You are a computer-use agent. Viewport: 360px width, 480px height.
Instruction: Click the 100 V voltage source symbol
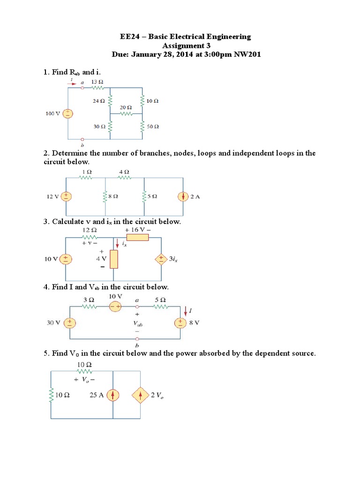pyautogui.click(x=68, y=113)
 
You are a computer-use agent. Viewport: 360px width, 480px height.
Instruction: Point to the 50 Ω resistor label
pyautogui.click(x=153, y=127)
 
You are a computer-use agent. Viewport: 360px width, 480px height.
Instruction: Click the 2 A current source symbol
pyautogui.click(x=183, y=196)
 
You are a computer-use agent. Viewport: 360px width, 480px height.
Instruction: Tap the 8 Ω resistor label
pyautogui.click(x=113, y=196)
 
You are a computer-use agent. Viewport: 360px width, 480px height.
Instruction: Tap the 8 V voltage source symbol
pyautogui.click(x=180, y=322)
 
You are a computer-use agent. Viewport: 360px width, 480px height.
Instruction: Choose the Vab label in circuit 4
pyautogui.click(x=137, y=323)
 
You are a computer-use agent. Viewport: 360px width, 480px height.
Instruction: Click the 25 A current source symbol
pyautogui.click(x=112, y=396)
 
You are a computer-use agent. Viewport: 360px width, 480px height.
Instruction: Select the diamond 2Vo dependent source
pyautogui.click(x=141, y=396)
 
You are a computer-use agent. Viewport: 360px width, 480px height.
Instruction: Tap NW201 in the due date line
pyautogui.click(x=247, y=54)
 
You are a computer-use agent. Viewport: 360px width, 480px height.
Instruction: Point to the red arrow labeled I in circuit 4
pyautogui.click(x=187, y=310)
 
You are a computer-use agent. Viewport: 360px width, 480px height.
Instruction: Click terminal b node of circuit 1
pyautogui.click(x=83, y=139)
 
